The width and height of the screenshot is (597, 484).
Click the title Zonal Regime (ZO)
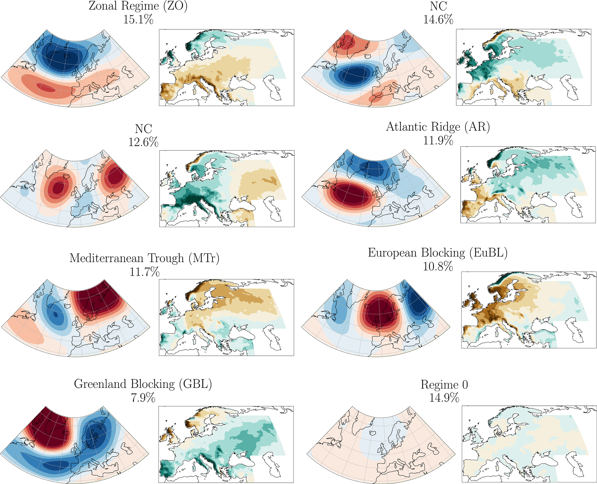(138, 6)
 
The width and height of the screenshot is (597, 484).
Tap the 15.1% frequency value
(138, 20)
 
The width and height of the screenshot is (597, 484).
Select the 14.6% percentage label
(438, 20)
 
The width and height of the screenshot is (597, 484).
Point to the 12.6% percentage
(143, 142)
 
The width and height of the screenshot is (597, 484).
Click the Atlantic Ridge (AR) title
(438, 127)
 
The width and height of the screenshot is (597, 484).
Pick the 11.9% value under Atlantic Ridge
(438, 140)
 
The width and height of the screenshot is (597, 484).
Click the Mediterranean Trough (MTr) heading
(144, 258)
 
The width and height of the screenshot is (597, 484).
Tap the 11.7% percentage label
(144, 272)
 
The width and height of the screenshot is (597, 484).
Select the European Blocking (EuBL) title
(438, 253)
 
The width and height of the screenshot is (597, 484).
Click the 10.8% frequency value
(438, 266)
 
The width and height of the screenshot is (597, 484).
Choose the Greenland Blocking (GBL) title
(143, 384)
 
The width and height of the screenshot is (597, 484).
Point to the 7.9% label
(143, 398)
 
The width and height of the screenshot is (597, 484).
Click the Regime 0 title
(444, 385)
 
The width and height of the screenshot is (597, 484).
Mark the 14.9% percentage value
(444, 398)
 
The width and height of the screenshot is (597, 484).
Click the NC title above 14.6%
(438, 6)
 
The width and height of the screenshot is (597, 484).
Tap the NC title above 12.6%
(143, 129)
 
